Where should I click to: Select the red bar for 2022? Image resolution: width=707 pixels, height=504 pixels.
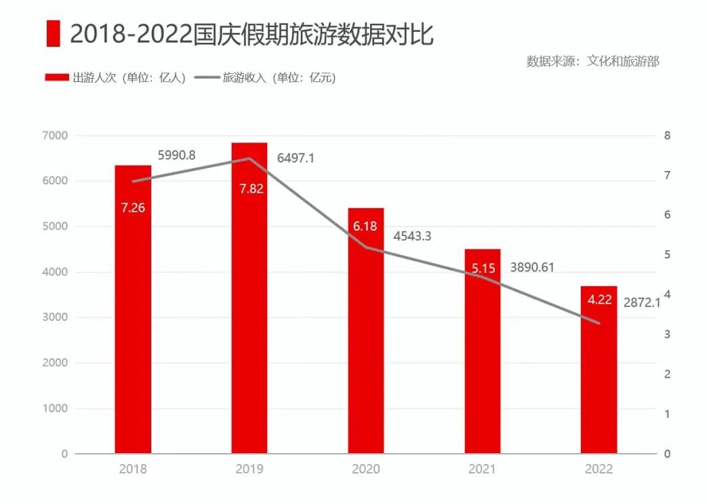(x=599, y=380)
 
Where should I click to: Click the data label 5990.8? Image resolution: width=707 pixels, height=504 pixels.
(x=177, y=155)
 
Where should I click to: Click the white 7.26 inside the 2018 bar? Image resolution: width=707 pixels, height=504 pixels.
(x=133, y=208)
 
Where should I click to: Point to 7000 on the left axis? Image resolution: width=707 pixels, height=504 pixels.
(x=55, y=136)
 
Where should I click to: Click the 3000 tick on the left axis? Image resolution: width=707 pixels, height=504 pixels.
(x=55, y=317)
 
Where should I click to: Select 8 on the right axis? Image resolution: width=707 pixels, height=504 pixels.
(x=667, y=136)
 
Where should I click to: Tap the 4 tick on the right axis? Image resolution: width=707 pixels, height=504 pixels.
(x=667, y=294)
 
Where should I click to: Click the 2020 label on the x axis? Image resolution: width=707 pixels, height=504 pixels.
(x=366, y=469)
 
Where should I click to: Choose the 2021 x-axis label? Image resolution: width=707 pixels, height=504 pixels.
(x=483, y=469)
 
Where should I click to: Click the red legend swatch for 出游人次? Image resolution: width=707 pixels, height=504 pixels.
(x=57, y=77)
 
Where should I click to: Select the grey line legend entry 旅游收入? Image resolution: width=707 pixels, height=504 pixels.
(x=207, y=77)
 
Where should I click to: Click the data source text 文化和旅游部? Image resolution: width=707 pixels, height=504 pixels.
(x=623, y=60)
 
